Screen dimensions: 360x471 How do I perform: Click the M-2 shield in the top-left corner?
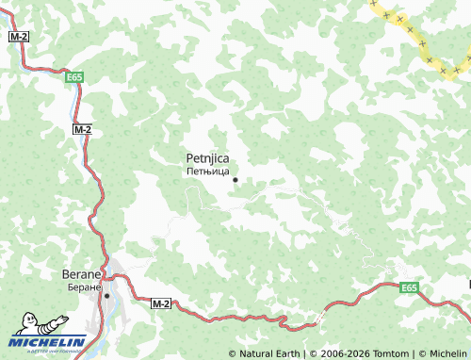pos(18,35)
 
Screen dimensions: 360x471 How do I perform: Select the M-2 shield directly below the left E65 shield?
pos(82,129)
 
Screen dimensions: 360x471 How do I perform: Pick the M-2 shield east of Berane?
pos(161,303)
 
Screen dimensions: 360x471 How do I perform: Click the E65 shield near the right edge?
pos(408,287)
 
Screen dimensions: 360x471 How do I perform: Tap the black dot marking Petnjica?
pos(235,180)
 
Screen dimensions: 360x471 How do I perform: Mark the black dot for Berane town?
pos(107,295)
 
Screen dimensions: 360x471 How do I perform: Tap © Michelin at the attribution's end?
pos(443,353)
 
